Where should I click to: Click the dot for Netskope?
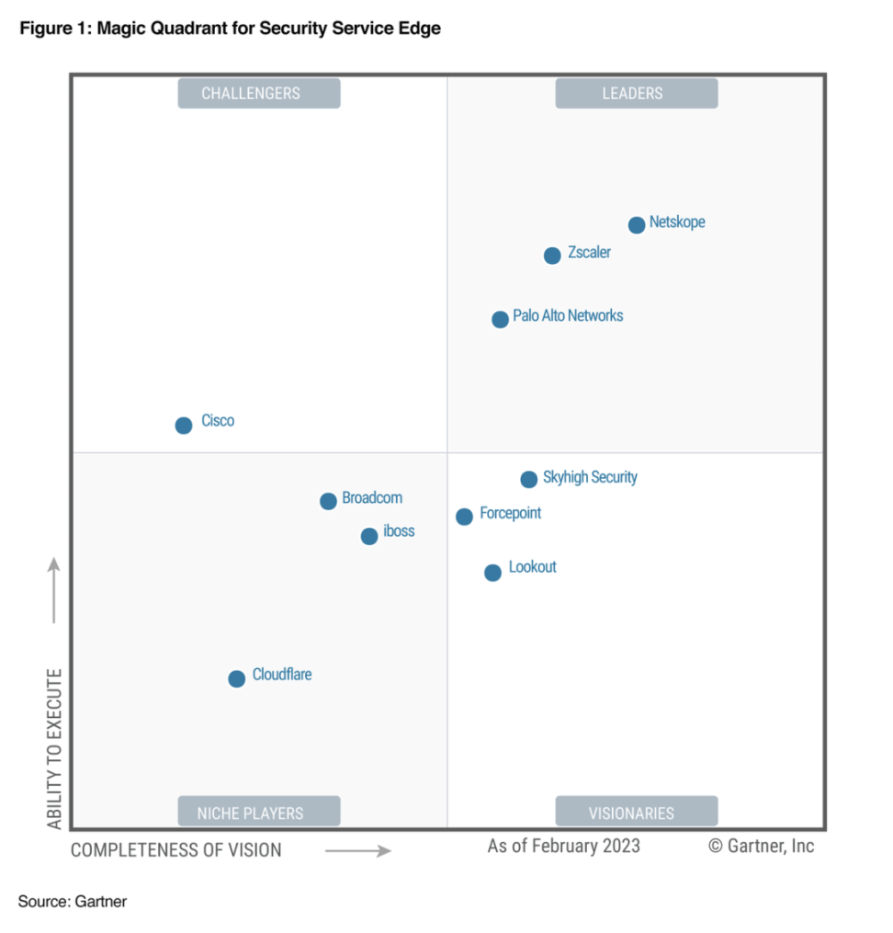point(637,225)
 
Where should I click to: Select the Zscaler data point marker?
point(552,256)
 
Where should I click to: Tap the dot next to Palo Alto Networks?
point(500,320)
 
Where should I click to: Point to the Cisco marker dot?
point(184,425)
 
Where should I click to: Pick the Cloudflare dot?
point(237,678)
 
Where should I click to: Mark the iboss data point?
point(369,536)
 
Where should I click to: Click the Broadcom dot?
point(328,501)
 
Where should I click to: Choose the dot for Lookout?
point(493,573)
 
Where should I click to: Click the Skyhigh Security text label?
point(590,478)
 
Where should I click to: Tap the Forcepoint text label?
point(510,513)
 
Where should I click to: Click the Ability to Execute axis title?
point(56,749)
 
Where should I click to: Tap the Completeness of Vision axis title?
point(176,850)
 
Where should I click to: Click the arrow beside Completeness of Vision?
point(358,851)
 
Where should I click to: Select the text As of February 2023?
point(563,846)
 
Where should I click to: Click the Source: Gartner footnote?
point(73,902)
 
